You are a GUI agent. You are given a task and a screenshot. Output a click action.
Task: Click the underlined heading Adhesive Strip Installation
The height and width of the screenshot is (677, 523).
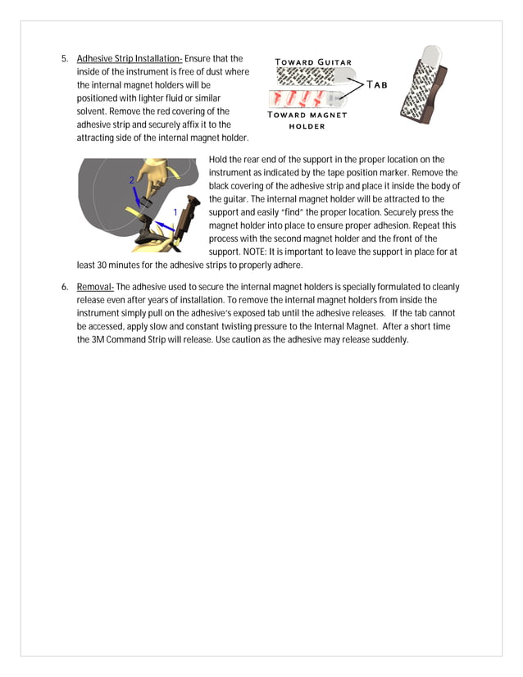pos(129,59)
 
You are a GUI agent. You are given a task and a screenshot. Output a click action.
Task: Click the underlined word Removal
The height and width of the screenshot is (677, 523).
pos(95,287)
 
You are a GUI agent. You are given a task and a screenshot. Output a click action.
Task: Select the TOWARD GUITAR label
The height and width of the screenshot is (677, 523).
pos(313,62)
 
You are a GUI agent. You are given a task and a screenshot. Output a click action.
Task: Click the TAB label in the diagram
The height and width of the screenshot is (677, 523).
pos(377,84)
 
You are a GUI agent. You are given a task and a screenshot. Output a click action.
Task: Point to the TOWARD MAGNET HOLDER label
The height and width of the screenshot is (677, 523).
pos(307,120)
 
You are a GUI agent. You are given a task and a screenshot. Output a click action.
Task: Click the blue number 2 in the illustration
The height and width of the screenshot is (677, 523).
pos(131,179)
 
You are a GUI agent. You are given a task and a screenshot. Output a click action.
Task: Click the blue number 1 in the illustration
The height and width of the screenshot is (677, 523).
pos(175,212)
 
